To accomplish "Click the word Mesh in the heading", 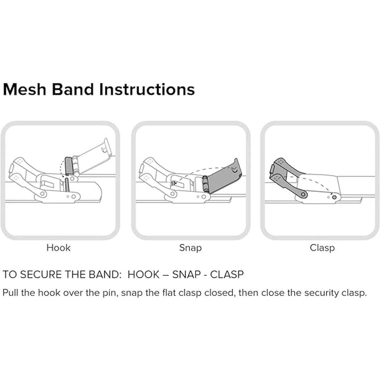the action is click(25, 89).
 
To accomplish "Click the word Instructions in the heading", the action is click(147, 89).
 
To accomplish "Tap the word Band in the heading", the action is click(73, 89).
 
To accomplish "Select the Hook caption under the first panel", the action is click(58, 248).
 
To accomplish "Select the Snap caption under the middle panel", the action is click(191, 248).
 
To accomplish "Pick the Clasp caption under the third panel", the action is click(322, 248).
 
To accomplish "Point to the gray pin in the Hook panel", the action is click(67, 185).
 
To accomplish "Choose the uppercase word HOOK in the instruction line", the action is click(143, 275).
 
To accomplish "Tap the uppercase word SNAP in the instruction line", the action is click(187, 275).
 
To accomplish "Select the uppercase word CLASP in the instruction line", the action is click(227, 275).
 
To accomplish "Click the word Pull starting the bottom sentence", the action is click(10, 293).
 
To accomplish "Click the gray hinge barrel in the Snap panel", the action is click(205, 184).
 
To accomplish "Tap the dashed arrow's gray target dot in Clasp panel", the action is click(334, 197).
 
